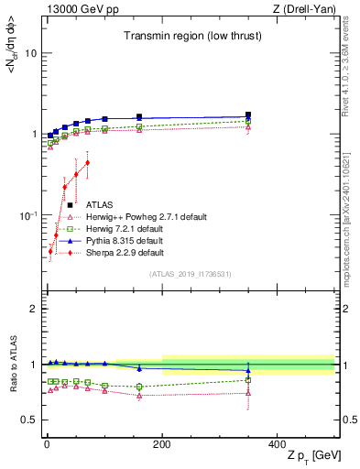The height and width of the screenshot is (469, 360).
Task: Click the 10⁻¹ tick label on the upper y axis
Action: pyautogui.click(x=27, y=215)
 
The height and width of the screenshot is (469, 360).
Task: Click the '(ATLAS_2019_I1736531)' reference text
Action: pyautogui.click(x=191, y=274)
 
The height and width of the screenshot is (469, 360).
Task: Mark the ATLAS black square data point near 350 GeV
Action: pyautogui.click(x=248, y=115)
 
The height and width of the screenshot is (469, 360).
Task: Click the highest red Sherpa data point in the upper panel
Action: pyautogui.click(x=87, y=163)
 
